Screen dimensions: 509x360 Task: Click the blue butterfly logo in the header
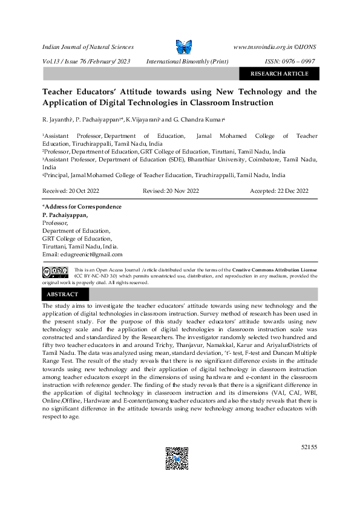pos(183,47)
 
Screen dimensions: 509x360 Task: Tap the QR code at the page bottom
pos(177,458)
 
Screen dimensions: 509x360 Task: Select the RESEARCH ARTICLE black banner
pos(279,74)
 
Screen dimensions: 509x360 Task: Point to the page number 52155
pos(309,447)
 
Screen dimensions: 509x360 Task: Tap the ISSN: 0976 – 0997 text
pos(291,61)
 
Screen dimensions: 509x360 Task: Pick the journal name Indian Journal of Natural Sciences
pos(88,47)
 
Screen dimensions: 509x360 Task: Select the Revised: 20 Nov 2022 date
pos(171,190)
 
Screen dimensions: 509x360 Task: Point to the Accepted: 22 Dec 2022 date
pos(280,190)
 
